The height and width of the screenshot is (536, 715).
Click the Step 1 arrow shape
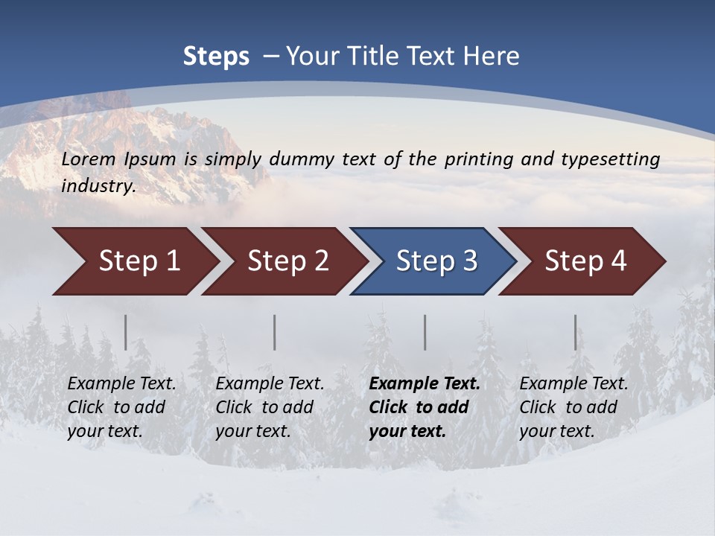point(134,261)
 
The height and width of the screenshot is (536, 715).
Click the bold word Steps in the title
point(216,57)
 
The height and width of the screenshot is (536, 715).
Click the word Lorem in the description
point(89,159)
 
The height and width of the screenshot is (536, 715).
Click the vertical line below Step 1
point(126,332)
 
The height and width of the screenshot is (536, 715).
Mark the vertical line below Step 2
point(275,332)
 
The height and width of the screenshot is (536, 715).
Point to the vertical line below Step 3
point(425,332)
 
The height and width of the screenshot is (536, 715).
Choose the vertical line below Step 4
point(576,332)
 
